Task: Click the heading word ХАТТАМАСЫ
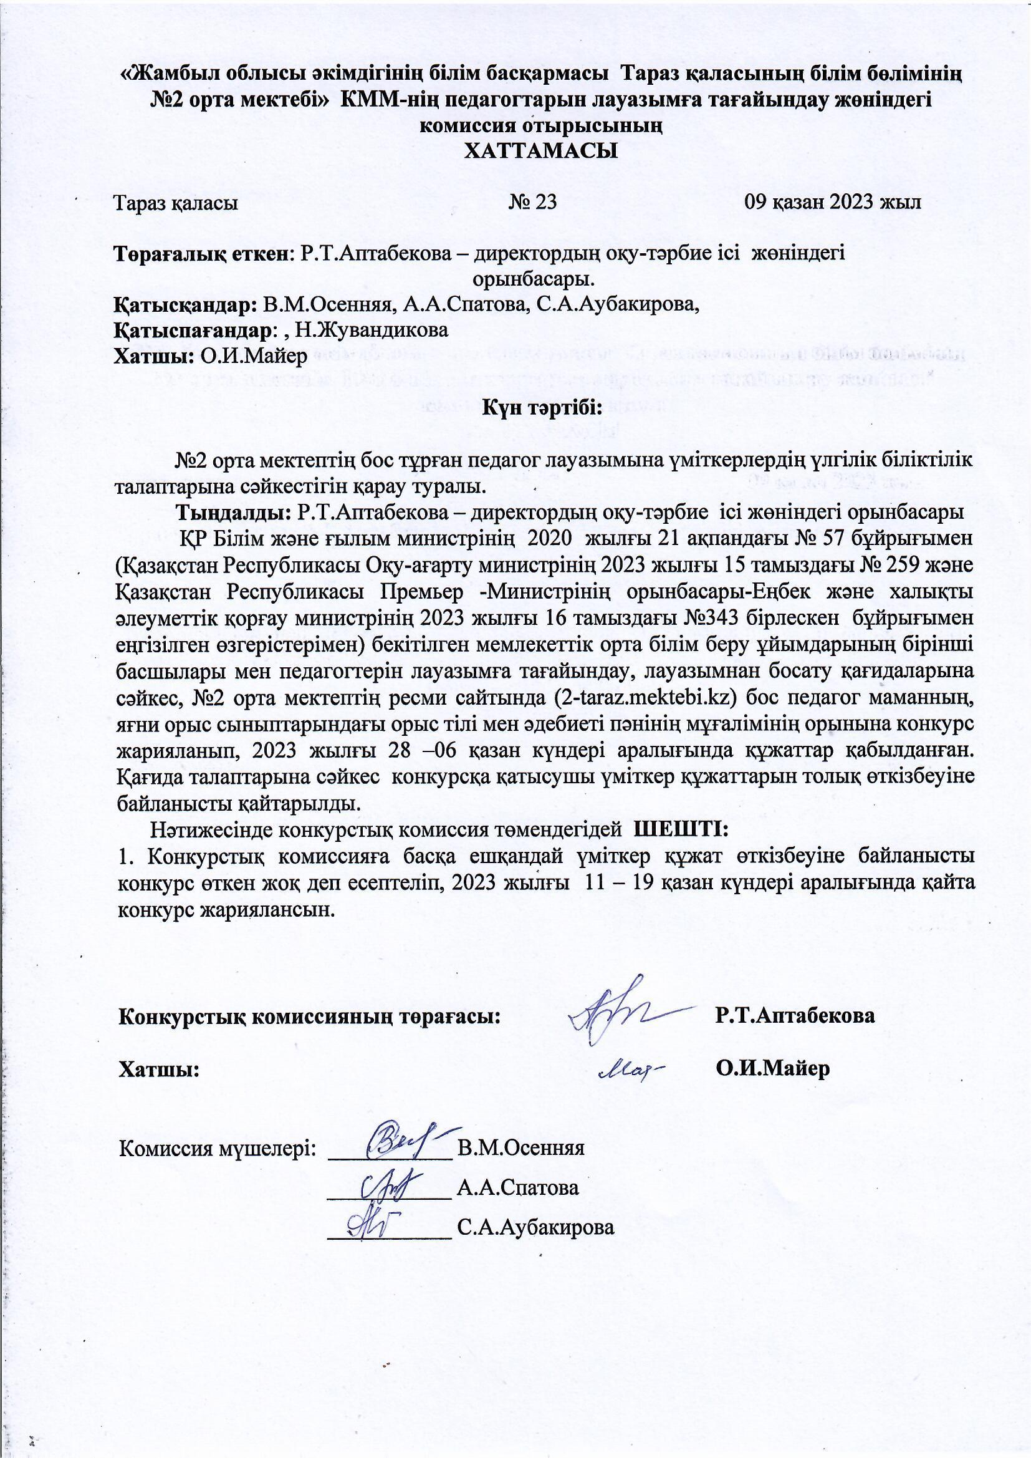point(542,151)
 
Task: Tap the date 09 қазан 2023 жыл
point(833,203)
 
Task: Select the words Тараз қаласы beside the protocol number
point(175,204)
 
